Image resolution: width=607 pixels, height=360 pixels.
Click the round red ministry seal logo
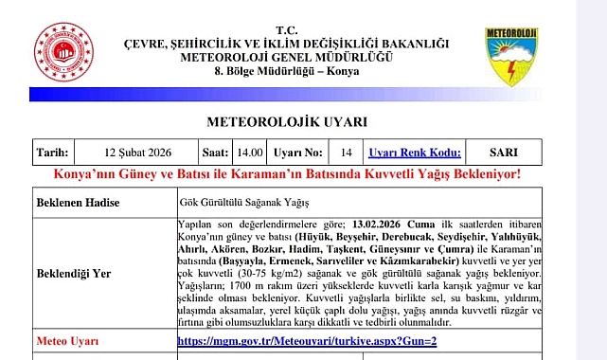click(64, 52)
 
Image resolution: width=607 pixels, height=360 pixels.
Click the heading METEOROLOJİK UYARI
click(286, 122)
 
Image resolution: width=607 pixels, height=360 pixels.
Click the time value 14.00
click(250, 152)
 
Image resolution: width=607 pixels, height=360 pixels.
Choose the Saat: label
click(215, 152)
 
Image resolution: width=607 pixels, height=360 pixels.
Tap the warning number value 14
click(346, 152)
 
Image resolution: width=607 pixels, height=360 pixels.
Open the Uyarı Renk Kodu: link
click(414, 152)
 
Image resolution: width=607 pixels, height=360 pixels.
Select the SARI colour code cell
click(503, 152)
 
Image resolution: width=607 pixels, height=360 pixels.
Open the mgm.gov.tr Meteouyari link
click(306, 339)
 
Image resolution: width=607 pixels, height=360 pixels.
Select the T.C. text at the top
click(286, 31)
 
